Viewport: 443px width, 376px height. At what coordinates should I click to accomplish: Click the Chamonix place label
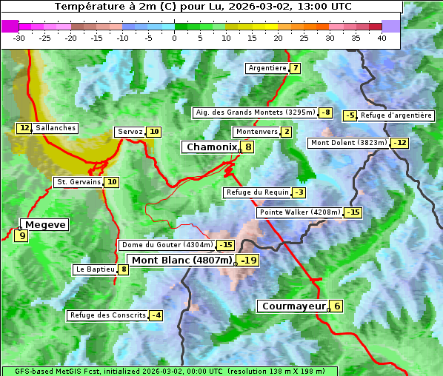tap(210, 147)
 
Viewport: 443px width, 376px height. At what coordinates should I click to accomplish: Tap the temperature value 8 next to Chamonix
tap(249, 147)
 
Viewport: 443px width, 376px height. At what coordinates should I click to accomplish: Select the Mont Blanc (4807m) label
tap(181, 260)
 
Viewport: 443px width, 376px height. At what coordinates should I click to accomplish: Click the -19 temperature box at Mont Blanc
tap(248, 260)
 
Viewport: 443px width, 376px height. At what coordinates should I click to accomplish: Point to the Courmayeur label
tap(293, 306)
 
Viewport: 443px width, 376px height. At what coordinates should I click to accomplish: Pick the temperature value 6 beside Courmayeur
tap(337, 306)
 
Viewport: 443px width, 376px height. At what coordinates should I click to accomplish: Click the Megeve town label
tap(45, 224)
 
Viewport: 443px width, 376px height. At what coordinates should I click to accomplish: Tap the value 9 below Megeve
tap(21, 236)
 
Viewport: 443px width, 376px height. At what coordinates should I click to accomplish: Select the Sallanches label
tap(55, 128)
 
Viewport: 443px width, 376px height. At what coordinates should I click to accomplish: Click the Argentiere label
tap(267, 68)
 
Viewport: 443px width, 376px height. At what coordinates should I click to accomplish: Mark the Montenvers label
tap(256, 132)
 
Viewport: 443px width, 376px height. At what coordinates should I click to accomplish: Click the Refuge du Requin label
tap(256, 192)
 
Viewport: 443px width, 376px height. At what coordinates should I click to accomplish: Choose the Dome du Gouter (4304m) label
tap(167, 245)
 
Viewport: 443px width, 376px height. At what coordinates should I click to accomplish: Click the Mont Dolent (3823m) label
tap(349, 143)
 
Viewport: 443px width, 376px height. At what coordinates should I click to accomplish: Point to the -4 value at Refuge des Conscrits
tap(156, 315)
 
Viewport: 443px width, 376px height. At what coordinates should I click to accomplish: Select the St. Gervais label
tap(77, 182)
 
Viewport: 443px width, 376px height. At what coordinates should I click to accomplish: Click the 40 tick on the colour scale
tap(382, 38)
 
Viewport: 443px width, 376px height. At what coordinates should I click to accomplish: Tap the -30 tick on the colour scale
tap(19, 38)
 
